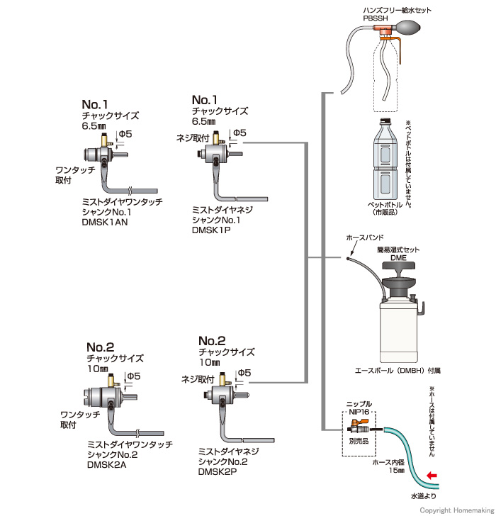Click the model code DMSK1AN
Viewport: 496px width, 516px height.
tap(105, 222)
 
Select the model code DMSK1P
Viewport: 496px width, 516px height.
tap(211, 230)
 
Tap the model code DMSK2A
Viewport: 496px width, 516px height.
tap(106, 465)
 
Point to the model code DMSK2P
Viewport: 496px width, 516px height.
tap(218, 471)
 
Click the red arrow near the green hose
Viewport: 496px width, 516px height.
tap(432, 475)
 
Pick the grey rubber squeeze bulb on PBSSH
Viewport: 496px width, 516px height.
tap(408, 27)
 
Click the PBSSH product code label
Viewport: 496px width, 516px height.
tap(376, 18)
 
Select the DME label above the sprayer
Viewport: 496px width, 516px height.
tap(398, 258)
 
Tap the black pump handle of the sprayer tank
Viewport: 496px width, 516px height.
tap(398, 266)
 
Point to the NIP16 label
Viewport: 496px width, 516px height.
tap(359, 412)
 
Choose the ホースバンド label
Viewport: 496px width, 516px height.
tap(365, 237)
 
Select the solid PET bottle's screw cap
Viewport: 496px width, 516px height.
tap(385, 120)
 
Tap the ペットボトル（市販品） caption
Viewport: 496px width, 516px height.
tap(385, 208)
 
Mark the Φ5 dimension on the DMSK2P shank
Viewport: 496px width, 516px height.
tap(244, 373)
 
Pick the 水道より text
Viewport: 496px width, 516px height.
tap(424, 496)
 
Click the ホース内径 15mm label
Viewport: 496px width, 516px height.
tap(388, 466)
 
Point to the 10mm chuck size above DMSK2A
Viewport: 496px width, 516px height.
tap(98, 369)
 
